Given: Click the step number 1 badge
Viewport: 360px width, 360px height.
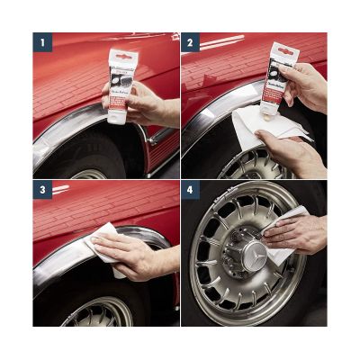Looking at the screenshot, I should pos(41,42).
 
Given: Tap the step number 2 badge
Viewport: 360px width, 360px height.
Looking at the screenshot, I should pos(191,42).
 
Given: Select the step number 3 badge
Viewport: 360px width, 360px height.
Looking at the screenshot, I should pos(41,191).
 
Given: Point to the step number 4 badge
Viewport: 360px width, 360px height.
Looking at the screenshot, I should pos(191,191).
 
